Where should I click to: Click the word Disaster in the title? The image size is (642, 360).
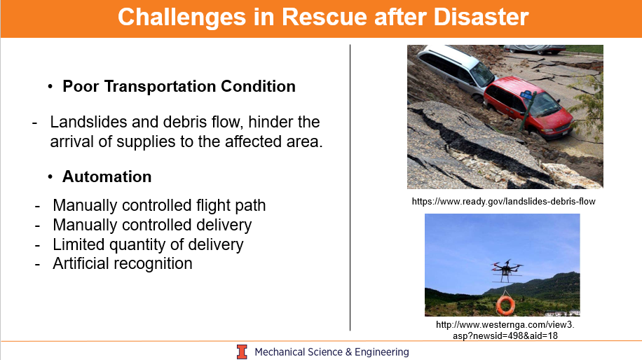(481, 18)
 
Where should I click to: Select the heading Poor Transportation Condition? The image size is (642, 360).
(179, 86)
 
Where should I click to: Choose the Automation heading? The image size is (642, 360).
(107, 176)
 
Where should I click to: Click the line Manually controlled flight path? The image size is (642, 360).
(159, 205)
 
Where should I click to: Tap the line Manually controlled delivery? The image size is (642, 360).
(152, 225)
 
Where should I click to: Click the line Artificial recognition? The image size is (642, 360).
(123, 263)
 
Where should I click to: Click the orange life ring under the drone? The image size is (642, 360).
(505, 305)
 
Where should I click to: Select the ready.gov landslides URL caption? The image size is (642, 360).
(504, 201)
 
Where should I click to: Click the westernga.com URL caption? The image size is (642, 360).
(505, 330)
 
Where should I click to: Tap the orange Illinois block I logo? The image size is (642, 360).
(242, 352)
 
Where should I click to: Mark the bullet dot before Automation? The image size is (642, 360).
(50, 176)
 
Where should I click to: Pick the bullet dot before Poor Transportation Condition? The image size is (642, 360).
(50, 86)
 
